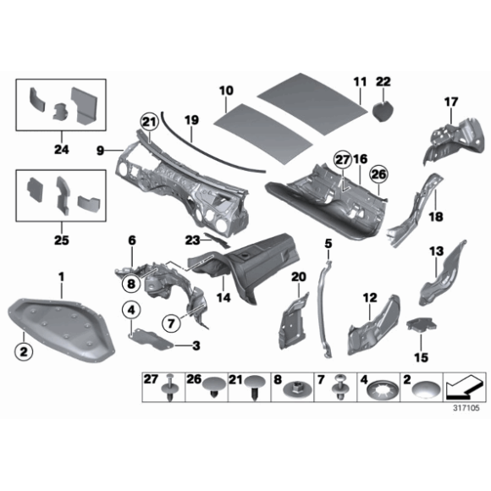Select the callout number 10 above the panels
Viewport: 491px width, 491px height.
pos(226,90)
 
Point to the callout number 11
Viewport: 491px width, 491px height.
pos(360,82)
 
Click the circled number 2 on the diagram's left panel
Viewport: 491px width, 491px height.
pos(24,350)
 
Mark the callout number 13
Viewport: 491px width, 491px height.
pos(436,251)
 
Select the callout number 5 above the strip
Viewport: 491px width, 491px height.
pos(328,244)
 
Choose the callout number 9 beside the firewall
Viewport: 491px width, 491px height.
pos(100,151)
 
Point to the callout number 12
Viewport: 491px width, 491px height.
pos(369,297)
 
